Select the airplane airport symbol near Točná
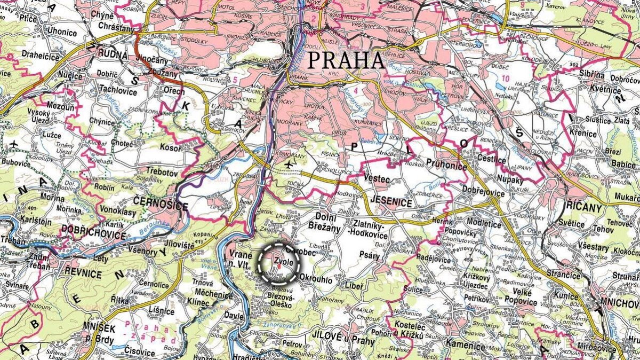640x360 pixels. [x=289, y=164]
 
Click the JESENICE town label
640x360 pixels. [x=390, y=204]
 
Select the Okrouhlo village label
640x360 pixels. [x=317, y=279]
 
